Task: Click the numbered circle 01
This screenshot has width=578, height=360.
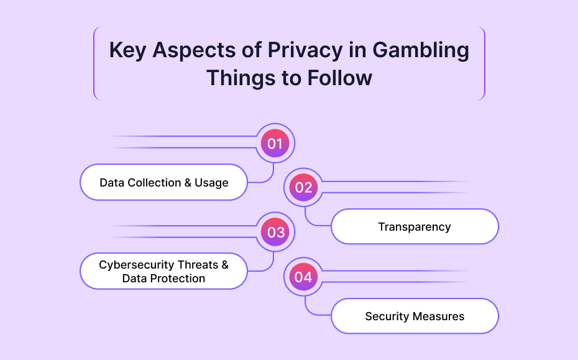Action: (x=275, y=143)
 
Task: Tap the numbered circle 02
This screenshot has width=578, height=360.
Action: (x=303, y=187)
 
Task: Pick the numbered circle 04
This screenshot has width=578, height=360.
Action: (x=303, y=277)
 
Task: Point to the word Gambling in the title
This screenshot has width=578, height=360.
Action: (x=421, y=50)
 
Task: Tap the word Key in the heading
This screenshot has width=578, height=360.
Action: (x=127, y=50)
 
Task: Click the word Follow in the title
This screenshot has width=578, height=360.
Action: (x=339, y=78)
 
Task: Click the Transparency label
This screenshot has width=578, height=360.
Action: (x=415, y=227)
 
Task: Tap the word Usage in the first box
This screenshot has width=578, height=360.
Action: (x=211, y=183)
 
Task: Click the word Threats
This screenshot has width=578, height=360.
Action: (x=198, y=264)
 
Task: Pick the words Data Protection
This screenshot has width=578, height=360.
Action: (x=163, y=279)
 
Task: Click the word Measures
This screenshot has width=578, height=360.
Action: (x=438, y=316)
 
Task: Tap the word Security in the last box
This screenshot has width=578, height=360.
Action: (x=387, y=316)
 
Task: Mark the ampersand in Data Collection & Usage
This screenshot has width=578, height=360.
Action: (x=188, y=183)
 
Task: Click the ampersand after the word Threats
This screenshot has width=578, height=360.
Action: (x=225, y=264)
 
